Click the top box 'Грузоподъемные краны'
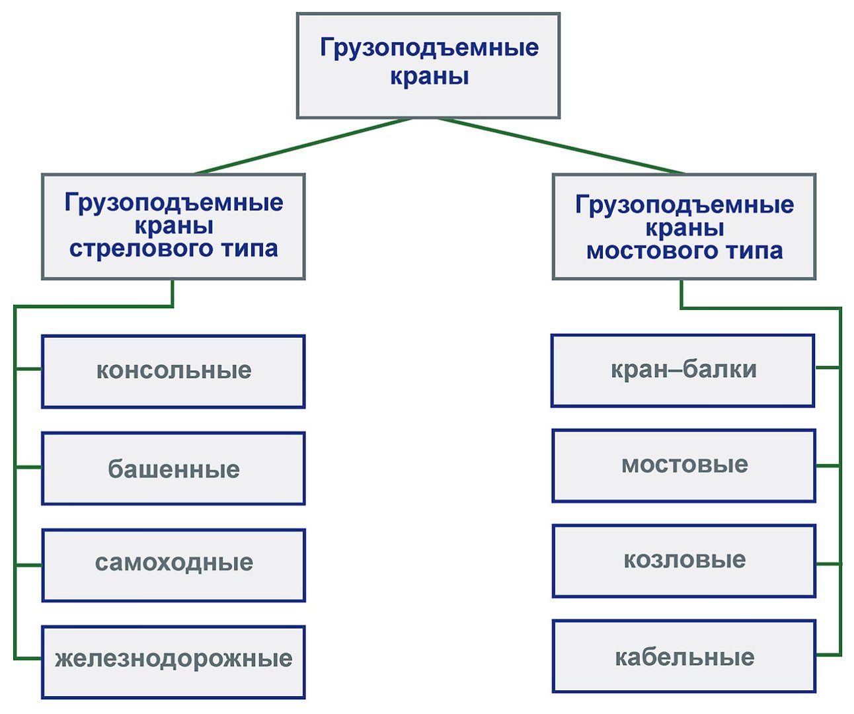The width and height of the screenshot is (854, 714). pyautogui.click(x=428, y=65)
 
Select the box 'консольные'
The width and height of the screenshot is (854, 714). pyautogui.click(x=173, y=371)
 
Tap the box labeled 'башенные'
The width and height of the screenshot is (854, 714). pyautogui.click(x=173, y=469)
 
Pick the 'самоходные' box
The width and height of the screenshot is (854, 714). pyautogui.click(x=173, y=565)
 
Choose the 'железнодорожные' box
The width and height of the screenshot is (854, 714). pyautogui.click(x=173, y=662)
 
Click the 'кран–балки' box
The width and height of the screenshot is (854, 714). pyautogui.click(x=683, y=371)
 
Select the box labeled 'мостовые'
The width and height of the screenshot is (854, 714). pyautogui.click(x=684, y=465)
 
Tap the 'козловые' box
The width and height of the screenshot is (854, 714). pyautogui.click(x=684, y=561)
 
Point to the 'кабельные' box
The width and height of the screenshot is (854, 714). pyautogui.click(x=684, y=656)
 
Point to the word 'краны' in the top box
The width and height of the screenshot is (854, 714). pyautogui.click(x=430, y=77)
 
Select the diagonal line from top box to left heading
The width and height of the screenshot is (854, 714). pyautogui.click(x=303, y=146)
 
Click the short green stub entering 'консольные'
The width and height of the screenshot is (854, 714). pyautogui.click(x=28, y=369)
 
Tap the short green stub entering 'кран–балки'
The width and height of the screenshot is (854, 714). pyautogui.click(x=828, y=368)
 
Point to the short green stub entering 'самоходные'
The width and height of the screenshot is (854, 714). pyautogui.click(x=28, y=565)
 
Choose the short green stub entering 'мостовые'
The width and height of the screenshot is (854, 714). pyautogui.click(x=828, y=465)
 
